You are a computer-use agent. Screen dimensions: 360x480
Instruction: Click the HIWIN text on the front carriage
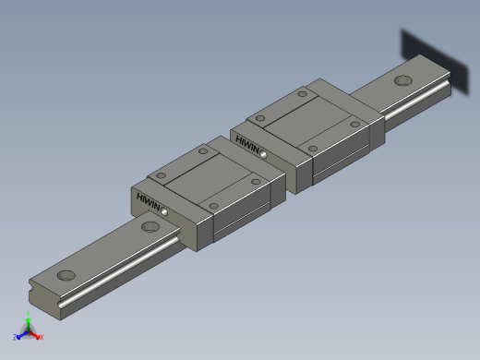[x=147, y=202]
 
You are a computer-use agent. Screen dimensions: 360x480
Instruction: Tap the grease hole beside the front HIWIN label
[x=164, y=211]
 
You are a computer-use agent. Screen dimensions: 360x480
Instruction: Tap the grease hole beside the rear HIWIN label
[x=264, y=154]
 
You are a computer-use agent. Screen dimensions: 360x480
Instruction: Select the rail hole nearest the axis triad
[x=66, y=274]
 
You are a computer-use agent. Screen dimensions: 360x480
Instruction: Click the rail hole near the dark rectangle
[x=402, y=80]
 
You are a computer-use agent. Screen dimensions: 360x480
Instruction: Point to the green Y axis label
[x=29, y=317]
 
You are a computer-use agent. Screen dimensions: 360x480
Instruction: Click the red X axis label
[x=42, y=337]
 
